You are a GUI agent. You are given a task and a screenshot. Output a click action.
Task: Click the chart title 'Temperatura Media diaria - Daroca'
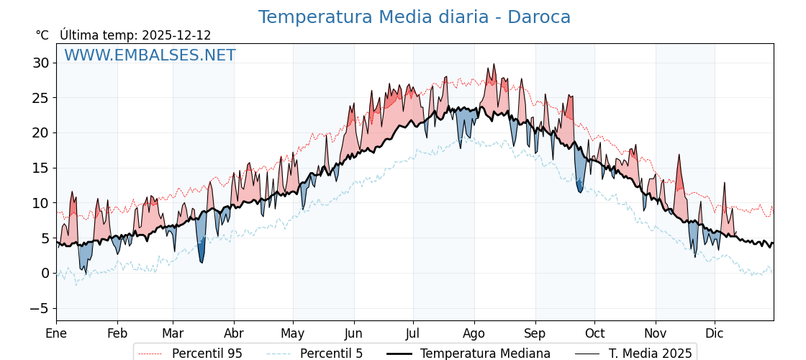[x=414, y=17]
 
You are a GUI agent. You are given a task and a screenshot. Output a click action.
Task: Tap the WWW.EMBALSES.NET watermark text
[x=150, y=55]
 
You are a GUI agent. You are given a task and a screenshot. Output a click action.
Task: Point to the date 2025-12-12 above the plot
[x=176, y=35]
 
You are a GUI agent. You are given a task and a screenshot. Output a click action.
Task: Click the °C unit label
[x=42, y=35]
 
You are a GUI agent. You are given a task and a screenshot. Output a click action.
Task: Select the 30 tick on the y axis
[x=40, y=63]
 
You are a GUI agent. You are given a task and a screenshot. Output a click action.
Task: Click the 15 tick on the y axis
[x=40, y=168]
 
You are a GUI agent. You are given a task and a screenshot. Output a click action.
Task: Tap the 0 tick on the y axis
[x=45, y=274]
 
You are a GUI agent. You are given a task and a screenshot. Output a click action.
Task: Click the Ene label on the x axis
[x=56, y=333]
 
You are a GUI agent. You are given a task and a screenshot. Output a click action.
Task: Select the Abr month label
[x=234, y=333]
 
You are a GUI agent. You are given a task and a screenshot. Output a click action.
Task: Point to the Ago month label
[x=474, y=333]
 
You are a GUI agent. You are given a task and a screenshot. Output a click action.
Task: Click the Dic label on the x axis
[x=715, y=333]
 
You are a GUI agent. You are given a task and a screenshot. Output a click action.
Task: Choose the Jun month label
[x=353, y=333]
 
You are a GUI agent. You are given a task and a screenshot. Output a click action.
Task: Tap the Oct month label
[x=594, y=333]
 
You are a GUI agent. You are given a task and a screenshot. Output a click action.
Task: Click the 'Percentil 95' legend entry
[x=207, y=354]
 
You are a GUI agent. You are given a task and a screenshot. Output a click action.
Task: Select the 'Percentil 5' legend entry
[x=331, y=354]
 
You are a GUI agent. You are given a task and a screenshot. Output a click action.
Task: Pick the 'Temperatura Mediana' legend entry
[x=485, y=354]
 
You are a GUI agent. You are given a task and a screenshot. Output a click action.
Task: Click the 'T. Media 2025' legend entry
[x=650, y=354]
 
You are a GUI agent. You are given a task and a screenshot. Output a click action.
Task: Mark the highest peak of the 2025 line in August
[x=494, y=64]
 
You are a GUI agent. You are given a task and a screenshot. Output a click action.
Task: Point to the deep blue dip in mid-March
[x=201, y=261]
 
